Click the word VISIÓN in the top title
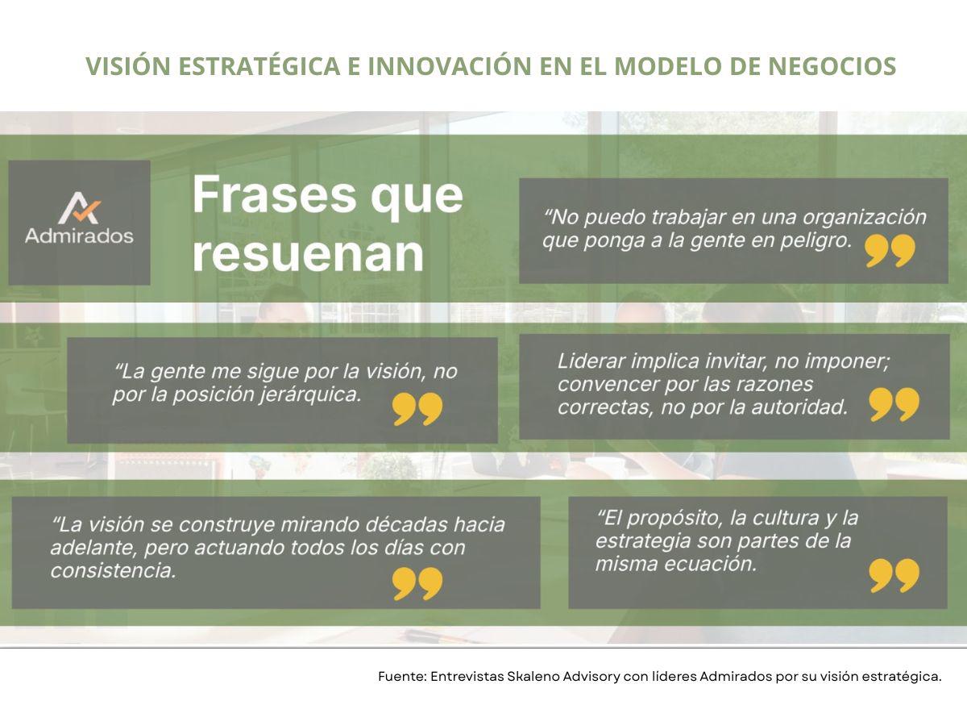pos(128,66)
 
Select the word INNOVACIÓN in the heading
pos(450,66)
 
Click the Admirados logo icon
pos(79,207)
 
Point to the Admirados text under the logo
pos(79,236)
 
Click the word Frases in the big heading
pos(274,195)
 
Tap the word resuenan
pos(308,254)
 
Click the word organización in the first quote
pos(865,218)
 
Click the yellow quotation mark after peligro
pos(890,250)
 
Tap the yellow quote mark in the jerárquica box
pos(417,409)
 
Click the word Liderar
pos(591,361)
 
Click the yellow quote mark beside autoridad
pos(894,405)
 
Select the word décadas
pos(406,524)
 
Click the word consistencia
pos(114,570)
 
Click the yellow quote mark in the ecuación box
pos(894,576)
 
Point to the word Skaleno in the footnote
pos(532,676)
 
